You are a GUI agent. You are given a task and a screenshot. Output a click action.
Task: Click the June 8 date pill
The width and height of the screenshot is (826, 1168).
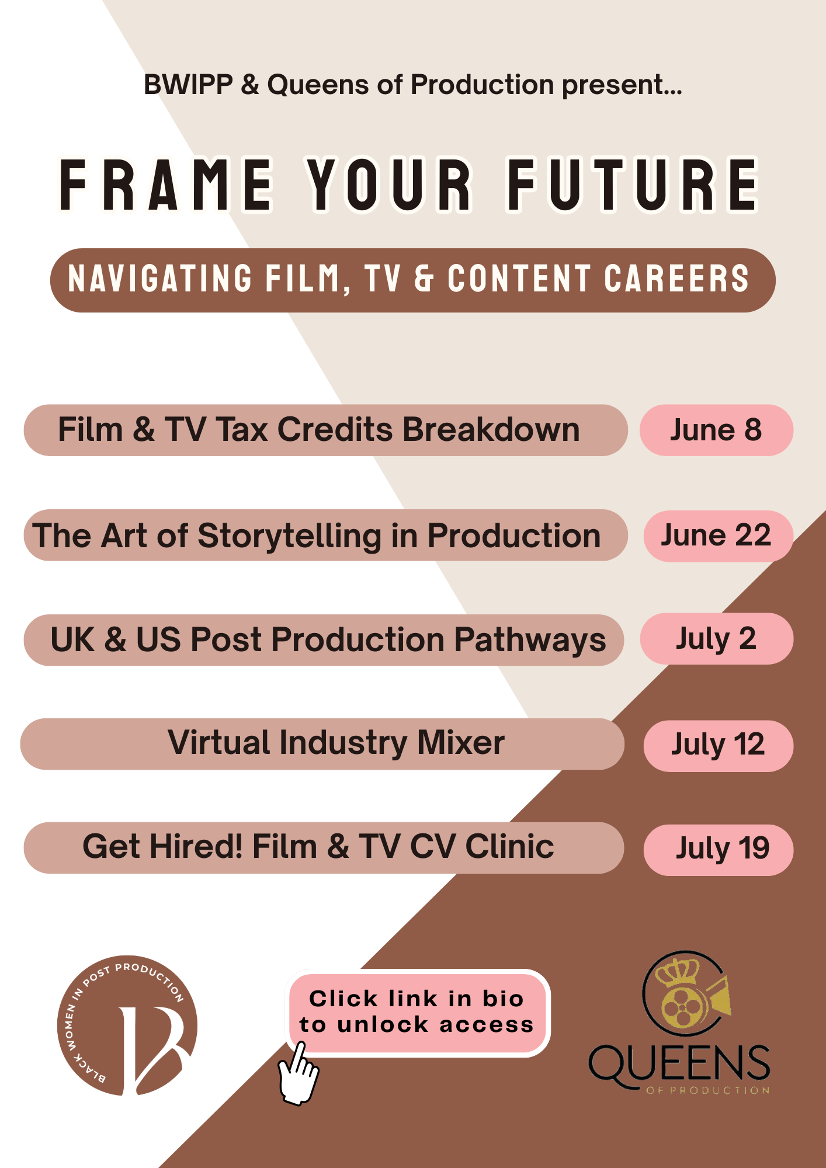(716, 430)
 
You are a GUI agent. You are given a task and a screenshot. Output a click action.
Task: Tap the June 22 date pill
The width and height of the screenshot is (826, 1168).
(717, 536)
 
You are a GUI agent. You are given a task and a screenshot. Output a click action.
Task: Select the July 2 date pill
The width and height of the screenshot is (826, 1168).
(716, 639)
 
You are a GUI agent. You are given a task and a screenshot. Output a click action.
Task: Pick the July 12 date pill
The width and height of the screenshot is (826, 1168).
(718, 745)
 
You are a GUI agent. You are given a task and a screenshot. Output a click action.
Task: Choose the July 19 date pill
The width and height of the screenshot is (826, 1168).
(718, 850)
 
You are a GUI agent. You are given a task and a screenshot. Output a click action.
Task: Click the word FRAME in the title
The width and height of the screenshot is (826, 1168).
(166, 185)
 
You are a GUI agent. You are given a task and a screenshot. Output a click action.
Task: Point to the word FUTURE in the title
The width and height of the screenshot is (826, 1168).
(633, 185)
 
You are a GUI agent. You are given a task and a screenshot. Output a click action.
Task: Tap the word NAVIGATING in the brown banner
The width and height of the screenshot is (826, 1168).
(160, 279)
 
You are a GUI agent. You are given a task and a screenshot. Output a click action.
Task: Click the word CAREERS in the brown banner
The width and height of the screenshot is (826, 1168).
(676, 279)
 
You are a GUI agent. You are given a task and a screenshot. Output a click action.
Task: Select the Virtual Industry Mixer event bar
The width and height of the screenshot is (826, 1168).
(322, 743)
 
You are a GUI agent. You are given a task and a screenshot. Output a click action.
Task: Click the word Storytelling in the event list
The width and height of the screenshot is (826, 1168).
(290, 536)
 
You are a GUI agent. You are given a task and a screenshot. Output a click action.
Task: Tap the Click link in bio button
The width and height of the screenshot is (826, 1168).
(417, 1012)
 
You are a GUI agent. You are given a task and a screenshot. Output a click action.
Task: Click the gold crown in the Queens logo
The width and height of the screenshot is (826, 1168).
(678, 971)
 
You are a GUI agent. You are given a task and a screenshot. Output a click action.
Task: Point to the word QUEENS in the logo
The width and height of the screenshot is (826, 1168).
(679, 1064)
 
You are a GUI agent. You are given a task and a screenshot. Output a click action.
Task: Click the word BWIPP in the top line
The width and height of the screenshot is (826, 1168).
(188, 85)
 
